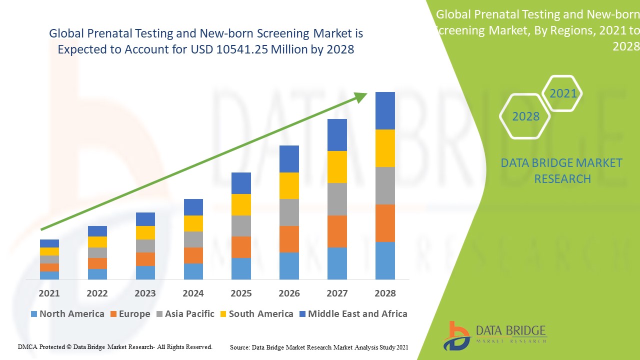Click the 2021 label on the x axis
49,293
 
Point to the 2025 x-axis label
241,293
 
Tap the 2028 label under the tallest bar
385,293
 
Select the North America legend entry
67,314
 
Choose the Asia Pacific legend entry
185,314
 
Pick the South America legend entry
256,314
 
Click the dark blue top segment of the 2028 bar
385,110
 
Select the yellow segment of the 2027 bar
337,167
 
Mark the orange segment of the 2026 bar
289,239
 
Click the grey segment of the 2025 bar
241,226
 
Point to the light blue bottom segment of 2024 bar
193,271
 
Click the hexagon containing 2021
562,93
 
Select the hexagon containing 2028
525,116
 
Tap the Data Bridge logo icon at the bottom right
456,335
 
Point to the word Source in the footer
239,347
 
